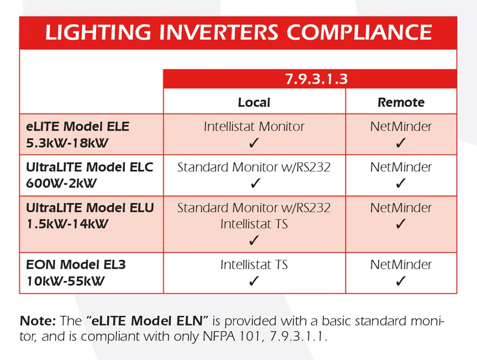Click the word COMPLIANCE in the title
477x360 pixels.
(359, 32)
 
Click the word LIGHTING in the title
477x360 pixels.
(98, 32)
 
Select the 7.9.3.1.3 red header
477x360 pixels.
(310, 79)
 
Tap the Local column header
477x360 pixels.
(254, 102)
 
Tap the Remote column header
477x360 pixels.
(401, 102)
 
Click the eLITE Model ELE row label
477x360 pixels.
(77, 126)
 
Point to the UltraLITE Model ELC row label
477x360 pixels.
(90, 167)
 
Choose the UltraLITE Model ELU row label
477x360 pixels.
(90, 207)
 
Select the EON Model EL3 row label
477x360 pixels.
(76, 264)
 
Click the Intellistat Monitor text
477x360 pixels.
(254, 126)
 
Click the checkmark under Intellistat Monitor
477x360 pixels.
(254, 143)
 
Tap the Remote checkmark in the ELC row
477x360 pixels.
(401, 183)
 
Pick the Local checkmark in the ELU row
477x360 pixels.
(254, 240)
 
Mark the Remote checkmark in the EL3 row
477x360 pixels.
(401, 280)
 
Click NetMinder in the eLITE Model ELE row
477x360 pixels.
(401, 126)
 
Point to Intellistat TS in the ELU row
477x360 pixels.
(254, 224)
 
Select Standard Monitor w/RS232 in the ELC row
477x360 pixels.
(254, 167)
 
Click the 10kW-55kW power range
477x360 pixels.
(65, 281)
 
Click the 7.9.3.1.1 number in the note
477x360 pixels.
(298, 336)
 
